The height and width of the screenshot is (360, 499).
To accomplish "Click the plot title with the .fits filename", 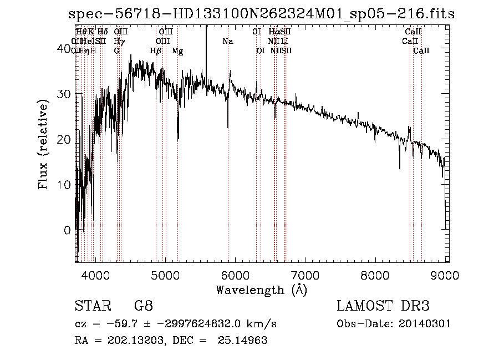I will (261, 14).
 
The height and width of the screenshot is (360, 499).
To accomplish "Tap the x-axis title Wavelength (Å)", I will (261, 290).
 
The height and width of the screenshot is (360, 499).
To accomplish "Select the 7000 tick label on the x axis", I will (305, 275).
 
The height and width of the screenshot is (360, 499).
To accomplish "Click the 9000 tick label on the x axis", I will (445, 275).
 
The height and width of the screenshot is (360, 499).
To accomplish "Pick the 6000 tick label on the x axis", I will (236, 275).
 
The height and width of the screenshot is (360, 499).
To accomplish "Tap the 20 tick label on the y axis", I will (64, 139).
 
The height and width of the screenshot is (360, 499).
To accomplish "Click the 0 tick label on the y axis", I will (67, 230).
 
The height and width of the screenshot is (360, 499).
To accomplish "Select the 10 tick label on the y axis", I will (64, 185).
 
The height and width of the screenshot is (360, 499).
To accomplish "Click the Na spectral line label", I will (228, 42).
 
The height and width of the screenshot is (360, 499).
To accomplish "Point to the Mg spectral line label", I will (177, 51).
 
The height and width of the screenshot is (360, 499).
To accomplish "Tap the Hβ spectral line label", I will (156, 51).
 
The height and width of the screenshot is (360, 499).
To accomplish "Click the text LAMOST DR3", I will (383, 306).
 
